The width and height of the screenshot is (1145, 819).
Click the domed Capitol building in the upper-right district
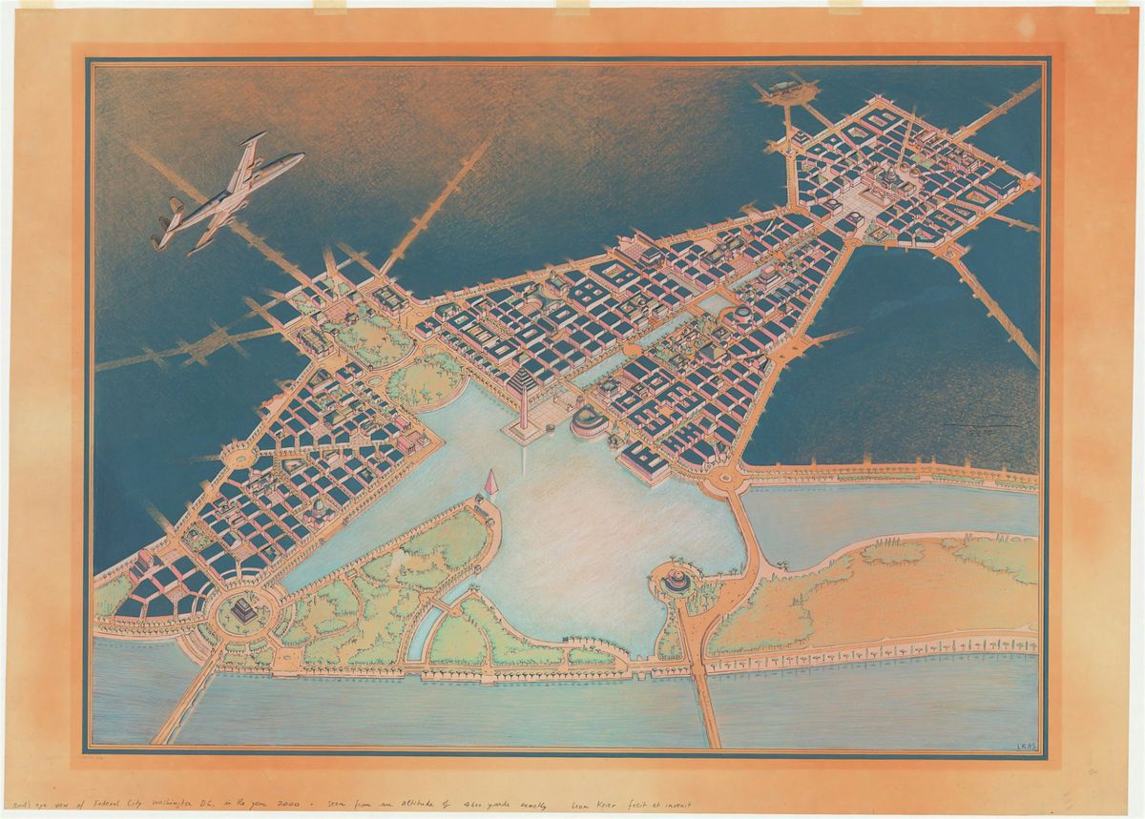coord(889,177)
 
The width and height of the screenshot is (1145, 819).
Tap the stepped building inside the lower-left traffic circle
coord(244,609)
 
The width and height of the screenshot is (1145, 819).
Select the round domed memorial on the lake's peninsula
coord(677,579)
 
